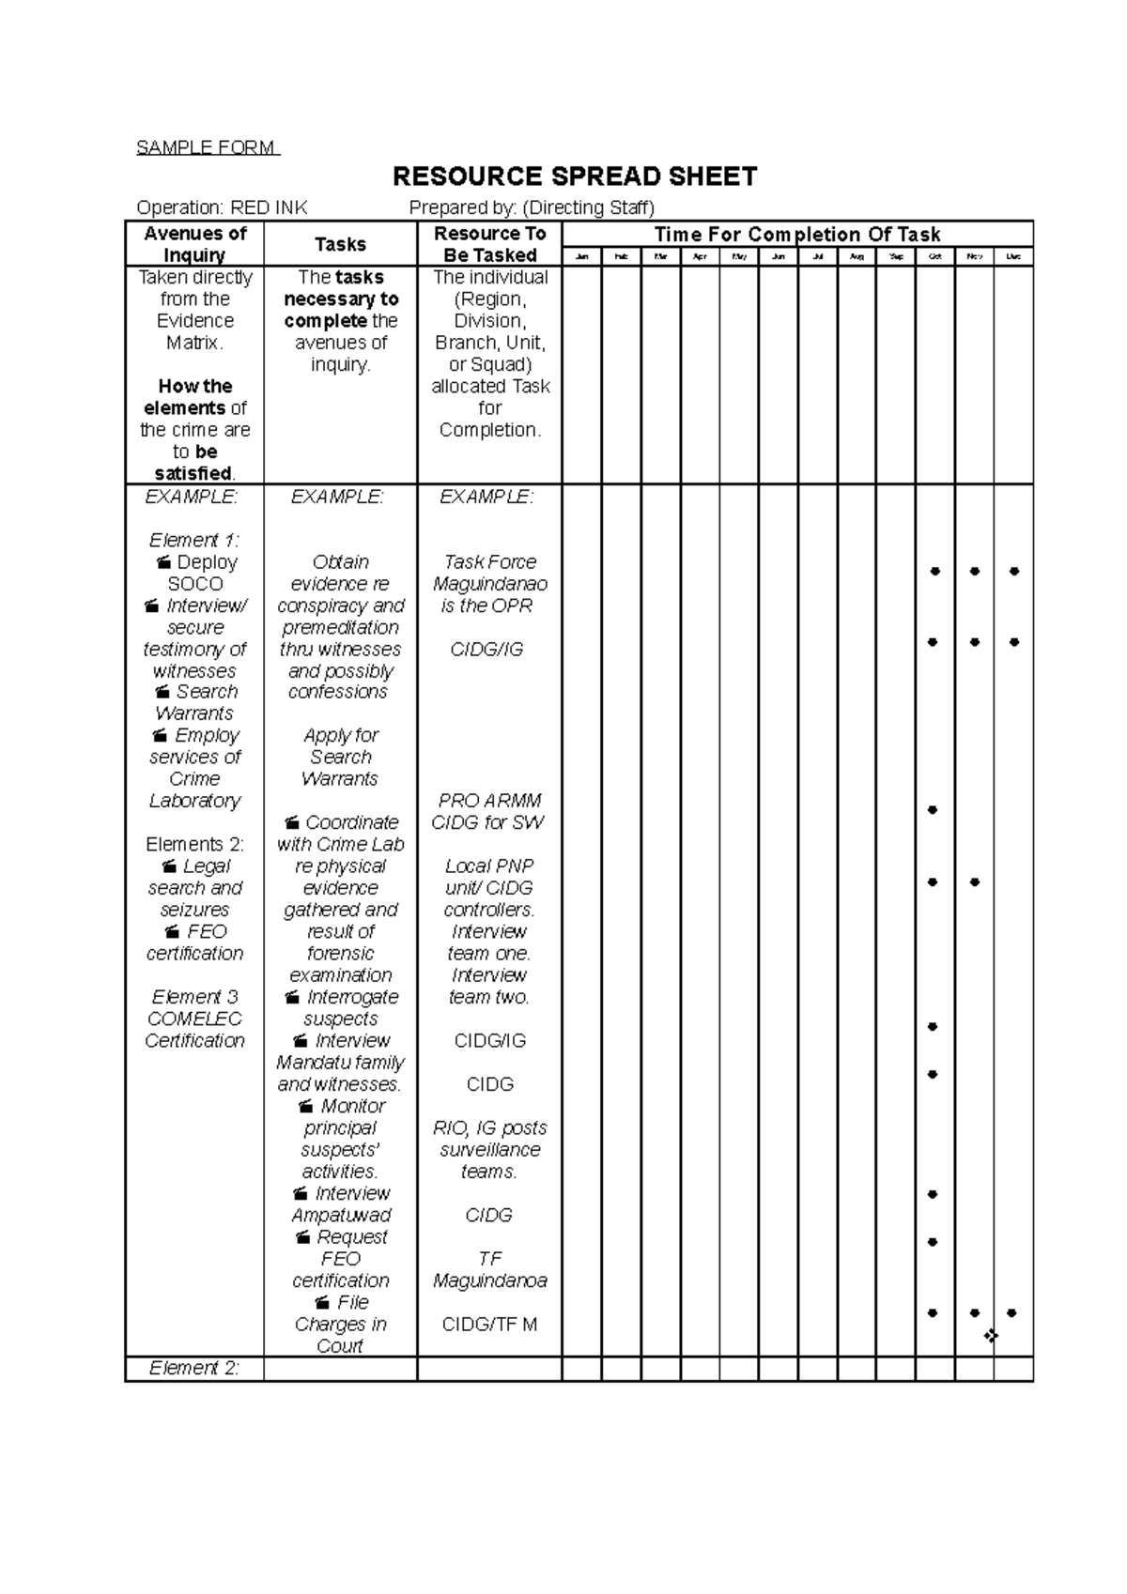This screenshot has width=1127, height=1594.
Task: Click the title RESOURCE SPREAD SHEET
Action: coord(574,176)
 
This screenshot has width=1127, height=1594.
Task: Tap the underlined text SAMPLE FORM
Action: coord(207,147)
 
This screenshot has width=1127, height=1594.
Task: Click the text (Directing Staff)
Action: coord(588,207)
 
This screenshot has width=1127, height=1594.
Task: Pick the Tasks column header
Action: coord(340,244)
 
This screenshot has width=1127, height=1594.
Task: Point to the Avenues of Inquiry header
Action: coord(194,244)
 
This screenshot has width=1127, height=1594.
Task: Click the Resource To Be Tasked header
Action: coord(489,244)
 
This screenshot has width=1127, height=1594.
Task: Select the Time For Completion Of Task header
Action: coord(796,234)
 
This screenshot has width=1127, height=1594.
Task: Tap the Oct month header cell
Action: coord(934,256)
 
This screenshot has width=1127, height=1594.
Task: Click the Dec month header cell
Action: coord(1012,256)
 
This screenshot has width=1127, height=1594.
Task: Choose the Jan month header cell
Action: coord(581,256)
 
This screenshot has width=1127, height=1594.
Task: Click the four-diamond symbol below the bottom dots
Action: coord(991,1335)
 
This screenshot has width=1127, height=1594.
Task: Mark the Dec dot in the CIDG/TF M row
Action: coord(1011,1312)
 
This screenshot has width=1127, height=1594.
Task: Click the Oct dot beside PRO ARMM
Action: coord(933,809)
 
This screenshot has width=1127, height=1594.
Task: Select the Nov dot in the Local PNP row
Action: coord(975,881)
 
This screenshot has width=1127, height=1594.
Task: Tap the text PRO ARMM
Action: coord(489,801)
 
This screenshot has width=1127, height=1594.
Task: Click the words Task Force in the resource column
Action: coord(489,561)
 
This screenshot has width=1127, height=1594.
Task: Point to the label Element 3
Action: coord(194,996)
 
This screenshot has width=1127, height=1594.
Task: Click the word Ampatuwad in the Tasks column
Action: coord(340,1215)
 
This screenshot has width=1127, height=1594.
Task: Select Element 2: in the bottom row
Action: coord(194,1368)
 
